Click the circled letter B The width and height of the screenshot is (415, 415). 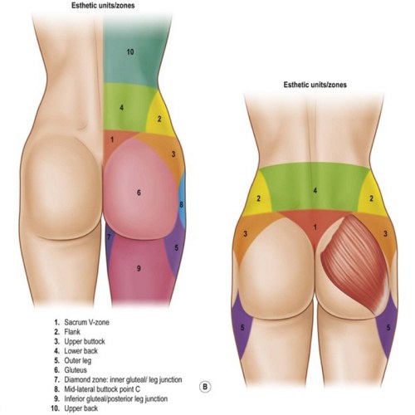(x=205, y=387)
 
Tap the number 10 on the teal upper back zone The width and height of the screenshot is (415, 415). (x=130, y=52)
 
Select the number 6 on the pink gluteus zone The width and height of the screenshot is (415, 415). (x=139, y=193)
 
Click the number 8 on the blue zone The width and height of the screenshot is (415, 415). (x=181, y=205)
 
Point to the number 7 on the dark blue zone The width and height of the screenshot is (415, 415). (x=109, y=237)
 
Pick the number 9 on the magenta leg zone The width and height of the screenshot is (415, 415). (x=139, y=268)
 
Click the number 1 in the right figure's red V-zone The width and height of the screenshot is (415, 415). (x=315, y=227)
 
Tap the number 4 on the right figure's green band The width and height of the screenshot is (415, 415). (x=315, y=191)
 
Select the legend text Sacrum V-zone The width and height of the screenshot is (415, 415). (x=86, y=322)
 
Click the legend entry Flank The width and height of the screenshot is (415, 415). (x=72, y=332)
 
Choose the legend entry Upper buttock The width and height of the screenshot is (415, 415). (x=85, y=341)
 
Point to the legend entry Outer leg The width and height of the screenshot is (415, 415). (x=77, y=360)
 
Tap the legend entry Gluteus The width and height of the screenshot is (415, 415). (x=76, y=370)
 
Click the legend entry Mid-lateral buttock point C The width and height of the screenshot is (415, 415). (x=102, y=389)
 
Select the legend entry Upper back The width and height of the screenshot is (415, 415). (x=81, y=408)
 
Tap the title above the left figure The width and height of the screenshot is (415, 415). (x=103, y=6)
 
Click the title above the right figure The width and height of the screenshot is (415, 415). (x=315, y=85)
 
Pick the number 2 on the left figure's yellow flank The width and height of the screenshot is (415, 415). (x=159, y=119)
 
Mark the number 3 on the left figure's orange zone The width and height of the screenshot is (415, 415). (x=173, y=154)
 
